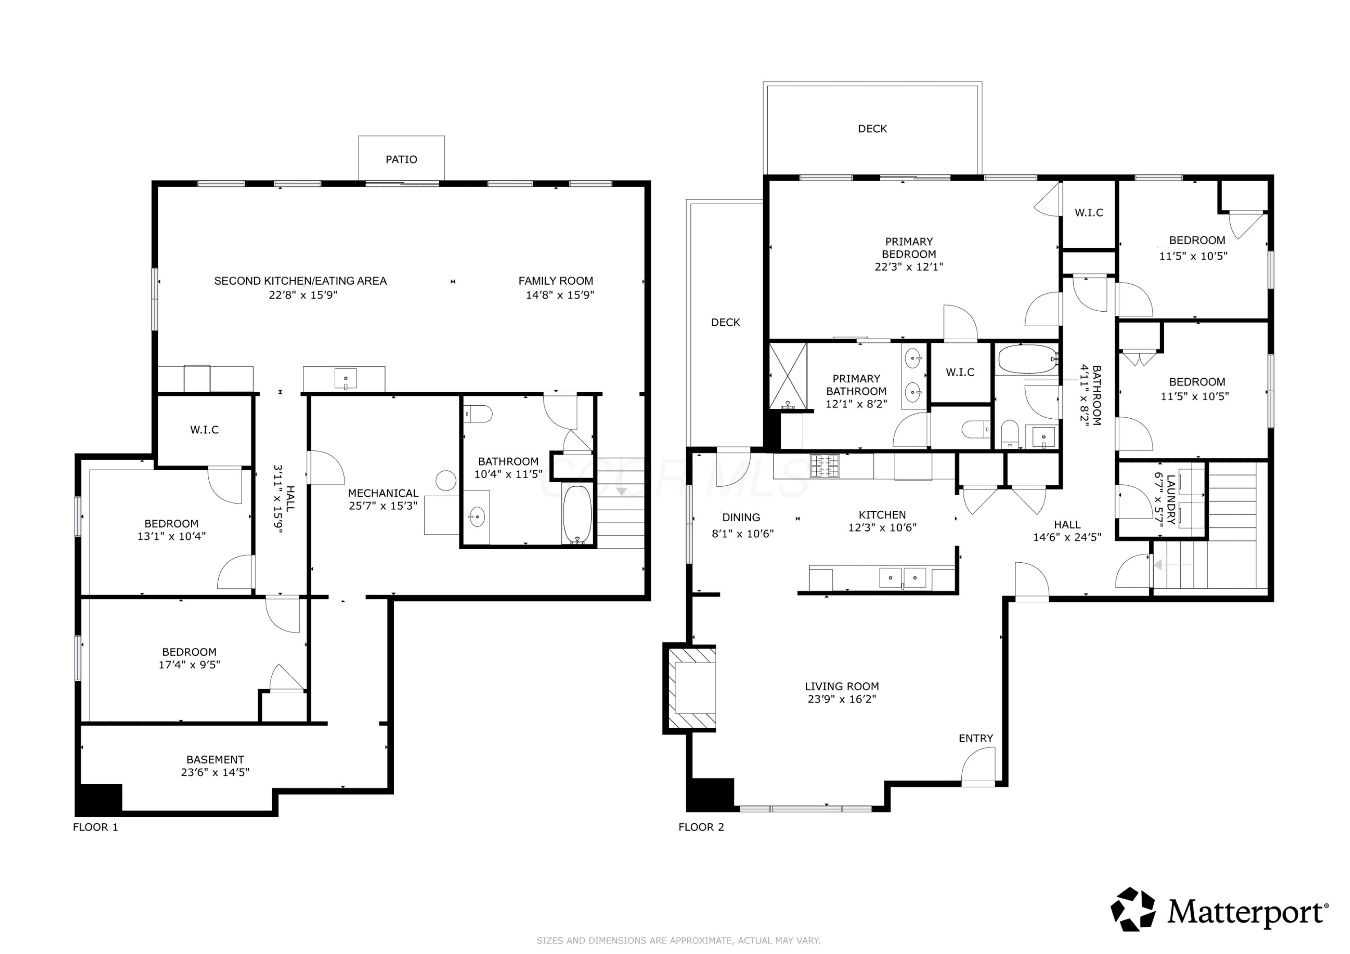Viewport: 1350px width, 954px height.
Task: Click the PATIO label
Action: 401,159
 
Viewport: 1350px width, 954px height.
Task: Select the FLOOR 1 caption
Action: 95,827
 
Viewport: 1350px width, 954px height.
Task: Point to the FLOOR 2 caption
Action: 701,827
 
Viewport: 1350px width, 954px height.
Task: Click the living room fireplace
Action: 690,688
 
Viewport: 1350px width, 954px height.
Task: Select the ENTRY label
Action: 976,738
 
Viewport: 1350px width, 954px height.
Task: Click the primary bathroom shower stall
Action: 788,376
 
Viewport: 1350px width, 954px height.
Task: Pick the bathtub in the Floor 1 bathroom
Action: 577,514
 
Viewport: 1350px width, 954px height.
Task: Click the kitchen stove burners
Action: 824,466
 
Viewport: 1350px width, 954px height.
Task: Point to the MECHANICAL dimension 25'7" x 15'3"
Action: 383,506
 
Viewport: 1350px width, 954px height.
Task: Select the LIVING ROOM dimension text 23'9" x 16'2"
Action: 841,699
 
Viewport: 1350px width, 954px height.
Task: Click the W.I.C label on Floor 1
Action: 204,430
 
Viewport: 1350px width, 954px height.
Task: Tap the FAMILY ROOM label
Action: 556,281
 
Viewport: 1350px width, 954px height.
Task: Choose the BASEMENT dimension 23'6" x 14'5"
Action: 215,772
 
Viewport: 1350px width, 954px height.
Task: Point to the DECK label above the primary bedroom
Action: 872,129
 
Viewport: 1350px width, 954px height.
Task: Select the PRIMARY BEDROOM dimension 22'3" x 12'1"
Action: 909,266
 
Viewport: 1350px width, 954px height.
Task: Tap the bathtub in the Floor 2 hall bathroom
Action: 1028,359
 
